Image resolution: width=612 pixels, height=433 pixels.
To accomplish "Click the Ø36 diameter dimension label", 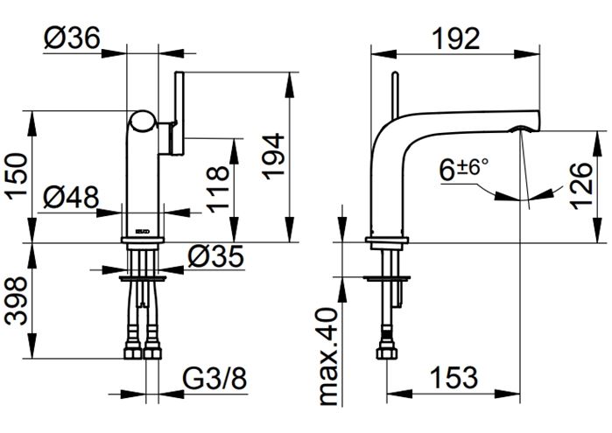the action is (x=72, y=38).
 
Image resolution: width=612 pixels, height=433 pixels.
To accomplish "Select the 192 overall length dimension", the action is (x=456, y=38).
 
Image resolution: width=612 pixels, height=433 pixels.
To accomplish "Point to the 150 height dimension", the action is (x=18, y=176).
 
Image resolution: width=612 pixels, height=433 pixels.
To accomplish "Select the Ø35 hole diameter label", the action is (x=216, y=256).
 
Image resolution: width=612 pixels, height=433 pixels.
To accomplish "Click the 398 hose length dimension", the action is (x=18, y=301).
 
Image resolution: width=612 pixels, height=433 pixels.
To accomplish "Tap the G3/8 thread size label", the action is (x=215, y=378).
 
